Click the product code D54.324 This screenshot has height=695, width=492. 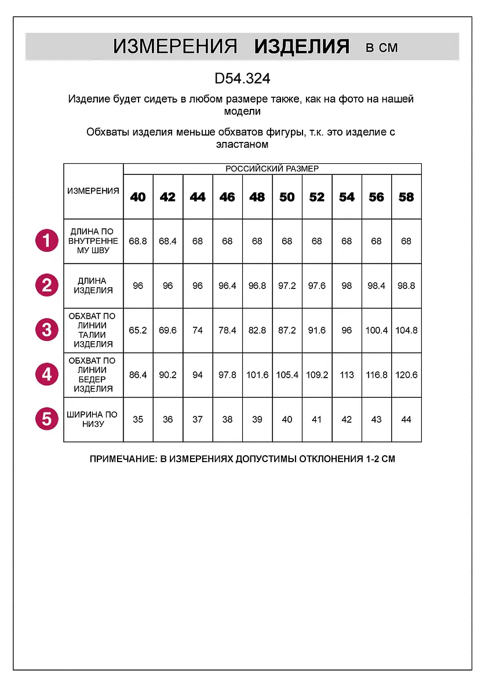[242, 79]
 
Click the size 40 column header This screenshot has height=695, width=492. [138, 197]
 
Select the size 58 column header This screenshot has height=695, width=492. [406, 197]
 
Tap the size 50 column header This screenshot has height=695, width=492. [287, 197]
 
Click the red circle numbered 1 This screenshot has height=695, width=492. [46, 240]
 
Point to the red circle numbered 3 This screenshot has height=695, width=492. [46, 330]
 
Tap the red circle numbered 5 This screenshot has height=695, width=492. [46, 419]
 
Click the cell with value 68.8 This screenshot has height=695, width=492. [138, 241]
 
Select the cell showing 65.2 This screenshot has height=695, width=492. [138, 330]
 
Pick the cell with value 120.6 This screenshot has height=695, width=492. [406, 375]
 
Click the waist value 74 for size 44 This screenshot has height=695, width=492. [198, 330]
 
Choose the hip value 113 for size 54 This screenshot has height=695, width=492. [347, 375]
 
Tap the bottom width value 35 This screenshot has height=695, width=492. [138, 419]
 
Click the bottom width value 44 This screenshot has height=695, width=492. [406, 419]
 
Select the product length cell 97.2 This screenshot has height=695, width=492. [287, 286]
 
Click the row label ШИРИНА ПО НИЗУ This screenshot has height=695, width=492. [93, 419]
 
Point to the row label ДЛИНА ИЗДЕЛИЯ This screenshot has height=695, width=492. [93, 286]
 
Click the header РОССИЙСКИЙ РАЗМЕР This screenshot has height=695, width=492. [272, 169]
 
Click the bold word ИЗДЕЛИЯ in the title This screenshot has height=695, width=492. [302, 47]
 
